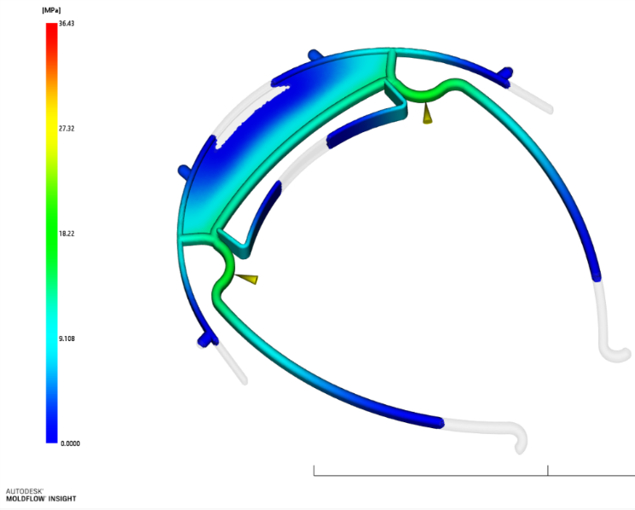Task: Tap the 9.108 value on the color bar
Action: pyautogui.click(x=66, y=338)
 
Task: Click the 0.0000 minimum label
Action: pyautogui.click(x=71, y=443)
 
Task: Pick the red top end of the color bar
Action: pyautogui.click(x=51, y=28)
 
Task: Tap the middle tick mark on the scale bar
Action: pyautogui.click(x=547, y=470)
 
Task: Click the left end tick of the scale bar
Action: pyautogui.click(x=314, y=470)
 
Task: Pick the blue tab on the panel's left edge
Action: pyautogui.click(x=182, y=171)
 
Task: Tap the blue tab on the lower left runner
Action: pyautogui.click(x=205, y=339)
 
